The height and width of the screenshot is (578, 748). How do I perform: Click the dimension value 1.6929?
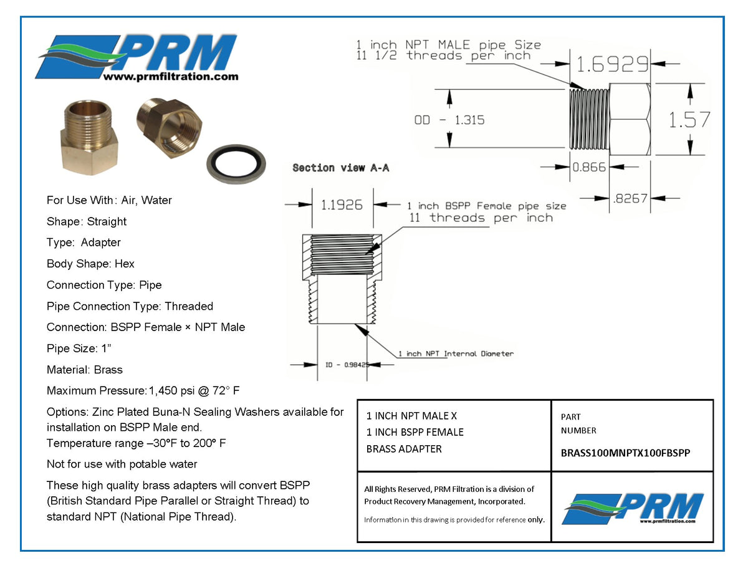pyautogui.click(x=611, y=64)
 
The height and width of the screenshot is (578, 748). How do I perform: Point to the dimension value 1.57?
pyautogui.click(x=689, y=119)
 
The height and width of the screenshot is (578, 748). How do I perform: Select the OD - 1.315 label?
pyautogui.click(x=449, y=120)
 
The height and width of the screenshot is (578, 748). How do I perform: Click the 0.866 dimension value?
pyautogui.click(x=589, y=167)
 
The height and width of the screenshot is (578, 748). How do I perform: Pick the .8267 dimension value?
pyautogui.click(x=631, y=198)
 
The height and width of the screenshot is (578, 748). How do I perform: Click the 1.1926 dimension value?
pyautogui.click(x=341, y=205)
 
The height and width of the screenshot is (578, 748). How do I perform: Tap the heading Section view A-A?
pyautogui.click(x=340, y=168)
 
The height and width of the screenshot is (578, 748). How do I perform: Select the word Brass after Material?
pyautogui.click(x=108, y=370)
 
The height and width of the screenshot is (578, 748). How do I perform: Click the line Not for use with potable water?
pyautogui.click(x=122, y=464)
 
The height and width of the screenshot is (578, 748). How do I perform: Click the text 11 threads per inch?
pyautogui.click(x=481, y=218)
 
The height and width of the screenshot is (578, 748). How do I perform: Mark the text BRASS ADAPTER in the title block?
pyautogui.click(x=404, y=449)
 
